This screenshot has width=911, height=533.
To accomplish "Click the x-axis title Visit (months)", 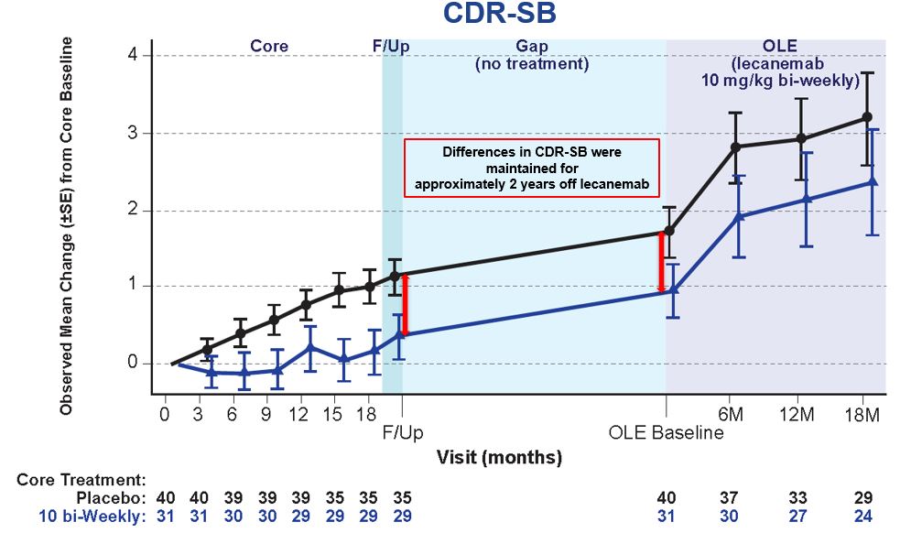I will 499,456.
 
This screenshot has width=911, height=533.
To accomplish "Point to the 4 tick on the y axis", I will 133,56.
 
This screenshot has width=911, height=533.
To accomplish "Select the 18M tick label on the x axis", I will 861,413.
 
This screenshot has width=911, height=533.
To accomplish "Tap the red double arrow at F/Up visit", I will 406,305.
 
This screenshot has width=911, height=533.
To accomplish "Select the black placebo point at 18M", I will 867,117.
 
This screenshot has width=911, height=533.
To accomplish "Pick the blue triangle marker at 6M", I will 738,216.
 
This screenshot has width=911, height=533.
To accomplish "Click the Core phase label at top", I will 269,46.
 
